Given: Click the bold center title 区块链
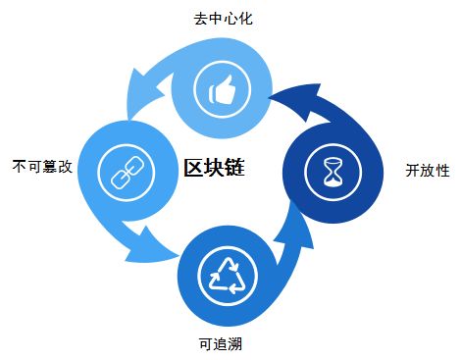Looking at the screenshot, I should (x=214, y=169).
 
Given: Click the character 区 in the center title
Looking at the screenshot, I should (x=194, y=169).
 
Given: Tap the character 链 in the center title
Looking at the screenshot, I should (x=233, y=169).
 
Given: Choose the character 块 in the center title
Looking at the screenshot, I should (x=214, y=169).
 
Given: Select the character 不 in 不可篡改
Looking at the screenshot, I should (x=20, y=165).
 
